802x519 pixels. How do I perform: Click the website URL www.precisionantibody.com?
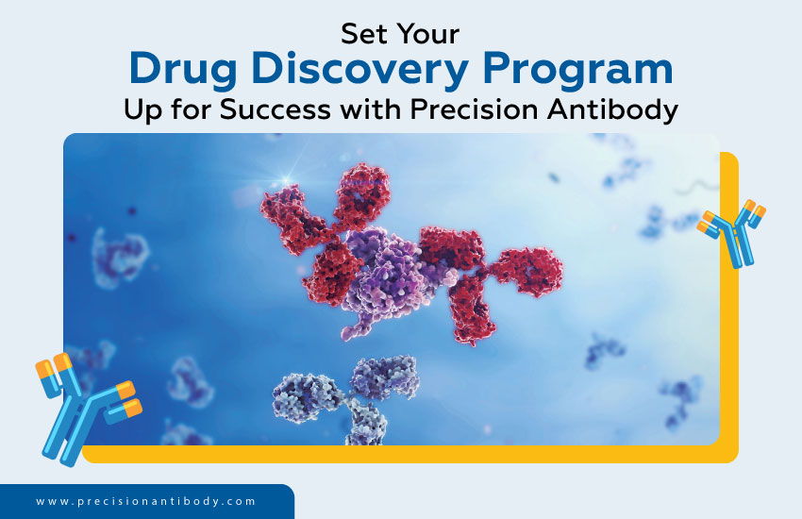pyautogui.click(x=146, y=502)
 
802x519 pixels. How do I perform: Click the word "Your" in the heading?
pyautogui.click(x=430, y=34)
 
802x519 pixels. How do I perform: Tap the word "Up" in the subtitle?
pyautogui.click(x=142, y=109)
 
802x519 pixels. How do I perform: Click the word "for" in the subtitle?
pyautogui.click(x=193, y=109)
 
